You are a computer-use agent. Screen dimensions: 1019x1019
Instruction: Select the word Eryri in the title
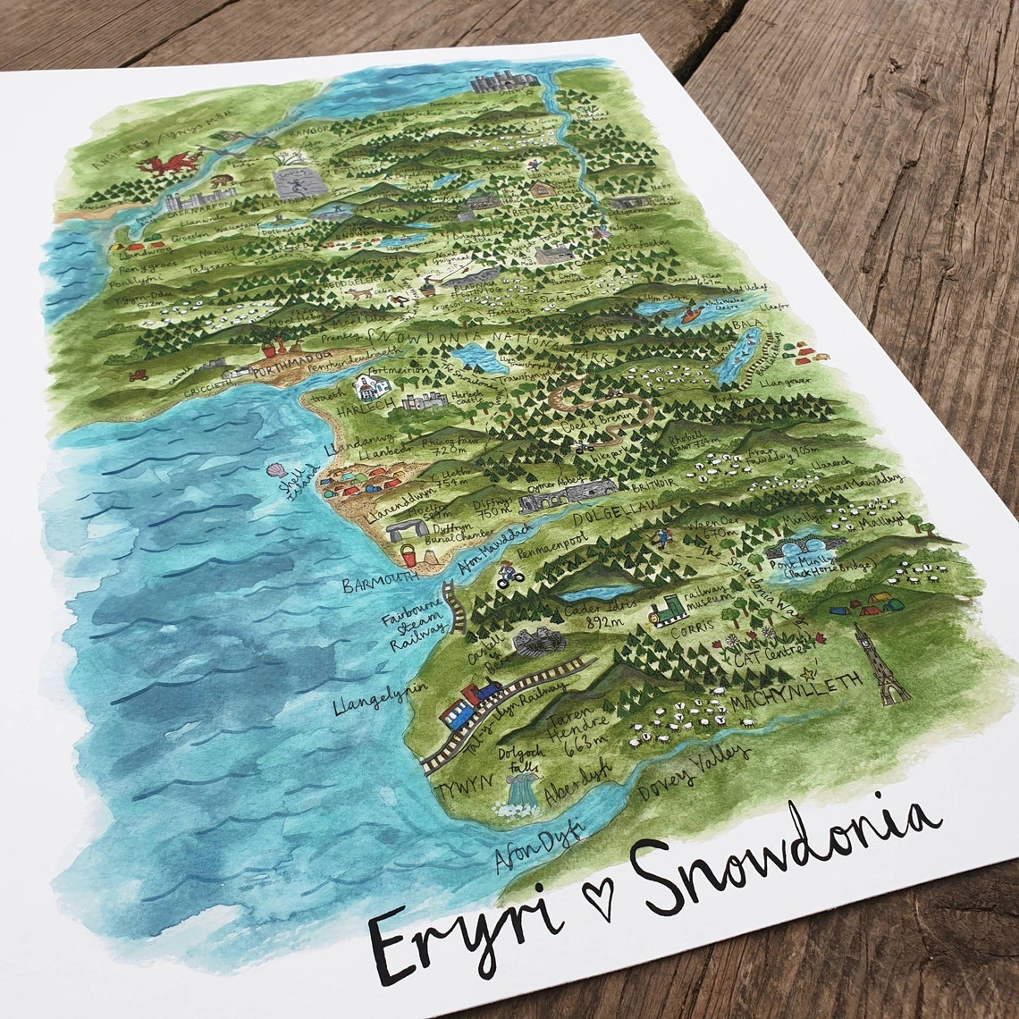coord(464,931)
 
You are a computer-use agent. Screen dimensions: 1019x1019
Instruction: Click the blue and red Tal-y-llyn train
coord(468,703)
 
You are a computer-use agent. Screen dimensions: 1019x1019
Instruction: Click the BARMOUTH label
coord(381,583)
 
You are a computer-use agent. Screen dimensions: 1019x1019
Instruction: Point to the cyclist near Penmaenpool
coord(510,572)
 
